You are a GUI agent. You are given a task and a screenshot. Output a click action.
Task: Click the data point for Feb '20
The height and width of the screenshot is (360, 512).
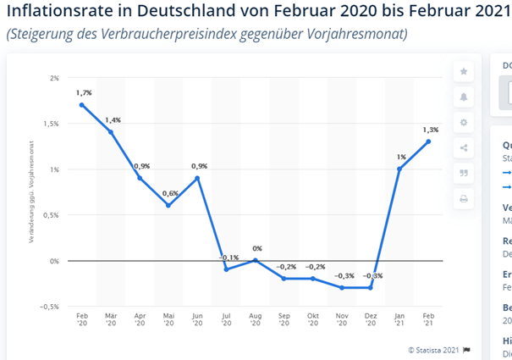(82, 105)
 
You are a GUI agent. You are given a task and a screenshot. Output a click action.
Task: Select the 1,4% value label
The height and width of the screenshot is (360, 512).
(114, 121)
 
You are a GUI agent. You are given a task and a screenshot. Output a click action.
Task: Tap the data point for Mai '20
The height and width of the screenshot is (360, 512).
(168, 205)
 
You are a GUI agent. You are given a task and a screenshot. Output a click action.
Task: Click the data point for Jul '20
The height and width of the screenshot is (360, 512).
(227, 269)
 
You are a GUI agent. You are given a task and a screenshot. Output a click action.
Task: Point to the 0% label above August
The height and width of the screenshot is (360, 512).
(256, 249)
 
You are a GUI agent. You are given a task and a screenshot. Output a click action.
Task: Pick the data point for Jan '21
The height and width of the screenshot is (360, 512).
(399, 169)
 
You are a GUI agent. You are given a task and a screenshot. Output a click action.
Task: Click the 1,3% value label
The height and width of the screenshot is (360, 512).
(431, 130)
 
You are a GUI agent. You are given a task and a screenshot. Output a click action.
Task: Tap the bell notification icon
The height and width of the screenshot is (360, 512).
(463, 97)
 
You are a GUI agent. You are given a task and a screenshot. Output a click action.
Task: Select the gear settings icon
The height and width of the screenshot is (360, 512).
(463, 122)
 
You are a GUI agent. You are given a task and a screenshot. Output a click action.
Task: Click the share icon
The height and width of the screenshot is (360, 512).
(463, 148)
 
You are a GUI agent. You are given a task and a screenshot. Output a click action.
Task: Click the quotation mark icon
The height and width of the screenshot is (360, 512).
(463, 174)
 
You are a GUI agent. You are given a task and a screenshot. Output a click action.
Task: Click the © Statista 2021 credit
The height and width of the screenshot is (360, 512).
(433, 349)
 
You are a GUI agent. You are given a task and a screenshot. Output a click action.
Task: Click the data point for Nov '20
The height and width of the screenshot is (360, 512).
(342, 288)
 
